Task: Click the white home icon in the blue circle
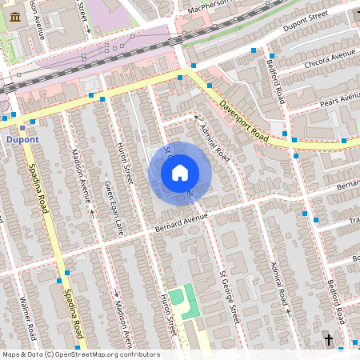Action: (180, 172)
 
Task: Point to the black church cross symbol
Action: (328, 340)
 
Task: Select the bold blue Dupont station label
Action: (22, 139)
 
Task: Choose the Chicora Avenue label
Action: (330, 57)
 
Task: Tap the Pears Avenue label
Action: (340, 99)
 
